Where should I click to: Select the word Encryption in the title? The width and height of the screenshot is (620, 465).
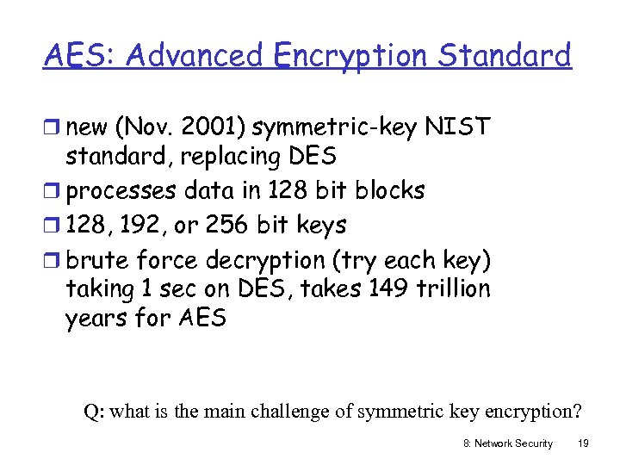(350, 55)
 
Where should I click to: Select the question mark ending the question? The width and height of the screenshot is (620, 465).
(576, 411)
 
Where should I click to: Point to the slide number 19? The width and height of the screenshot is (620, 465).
(582, 443)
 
